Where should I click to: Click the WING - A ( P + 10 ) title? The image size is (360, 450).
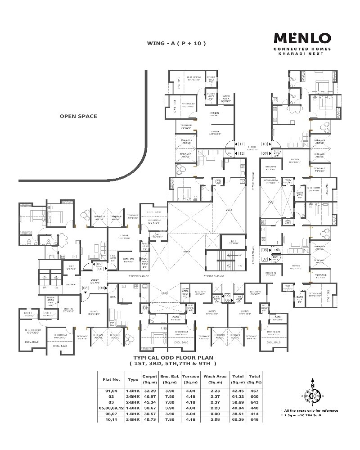[x=176, y=44]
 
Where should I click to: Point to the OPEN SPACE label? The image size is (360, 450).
[x=78, y=116]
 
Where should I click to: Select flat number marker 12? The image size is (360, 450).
[x=242, y=153]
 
